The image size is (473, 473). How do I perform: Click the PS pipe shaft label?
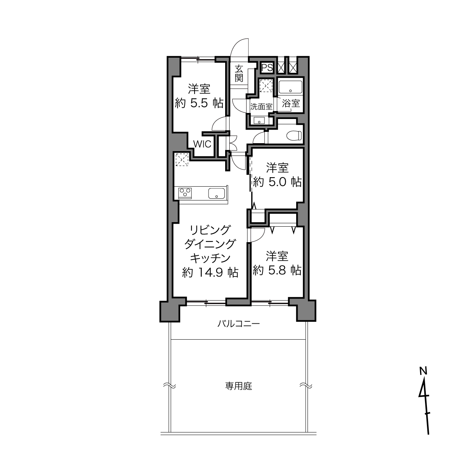tap(267, 68)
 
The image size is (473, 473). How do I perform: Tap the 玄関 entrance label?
tap(239, 73)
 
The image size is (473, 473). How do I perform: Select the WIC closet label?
tap(202, 144)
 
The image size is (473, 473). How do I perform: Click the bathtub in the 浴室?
tap(291, 87)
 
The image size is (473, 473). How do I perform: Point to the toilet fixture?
tap(294, 136)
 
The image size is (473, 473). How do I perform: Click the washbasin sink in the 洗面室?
tap(259, 121)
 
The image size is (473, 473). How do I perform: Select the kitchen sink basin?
tap(216, 193)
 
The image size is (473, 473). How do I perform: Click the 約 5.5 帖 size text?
tap(199, 104)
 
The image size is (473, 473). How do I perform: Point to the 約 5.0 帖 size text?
tap(277, 182)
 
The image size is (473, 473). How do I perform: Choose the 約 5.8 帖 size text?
tap(277, 270)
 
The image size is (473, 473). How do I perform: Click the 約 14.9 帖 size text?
tap(210, 272)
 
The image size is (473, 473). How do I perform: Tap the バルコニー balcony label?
tap(239, 324)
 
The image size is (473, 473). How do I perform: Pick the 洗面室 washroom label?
tap(261, 107)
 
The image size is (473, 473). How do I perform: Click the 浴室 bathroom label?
tap(291, 103)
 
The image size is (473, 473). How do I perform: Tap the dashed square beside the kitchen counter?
tap(182, 159)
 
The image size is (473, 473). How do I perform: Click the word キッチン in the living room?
tap(210, 258)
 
